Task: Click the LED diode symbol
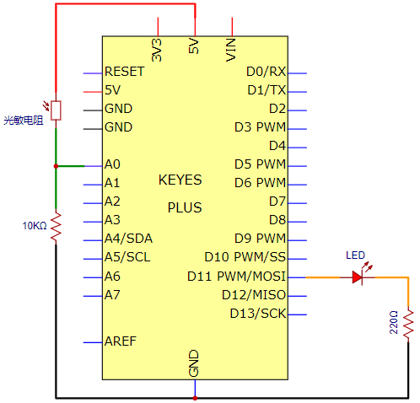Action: click(358, 277)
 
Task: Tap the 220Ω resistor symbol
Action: click(408, 323)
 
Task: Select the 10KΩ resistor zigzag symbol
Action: click(56, 226)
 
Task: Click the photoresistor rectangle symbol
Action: click(56, 110)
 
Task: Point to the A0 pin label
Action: click(112, 164)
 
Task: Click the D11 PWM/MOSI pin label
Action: click(236, 277)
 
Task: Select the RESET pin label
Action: click(124, 72)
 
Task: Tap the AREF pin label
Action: click(121, 341)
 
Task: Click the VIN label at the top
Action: click(231, 50)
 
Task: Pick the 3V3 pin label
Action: click(157, 50)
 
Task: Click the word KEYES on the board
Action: click(180, 180)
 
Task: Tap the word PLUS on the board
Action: click(185, 207)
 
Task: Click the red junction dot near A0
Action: click(56, 166)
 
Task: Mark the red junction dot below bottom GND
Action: click(195, 398)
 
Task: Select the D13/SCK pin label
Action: click(258, 314)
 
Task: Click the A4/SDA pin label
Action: click(128, 239)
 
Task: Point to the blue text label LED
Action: click(355, 255)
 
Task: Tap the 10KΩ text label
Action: click(35, 226)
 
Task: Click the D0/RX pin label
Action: click(266, 72)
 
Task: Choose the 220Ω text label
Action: click(394, 322)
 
